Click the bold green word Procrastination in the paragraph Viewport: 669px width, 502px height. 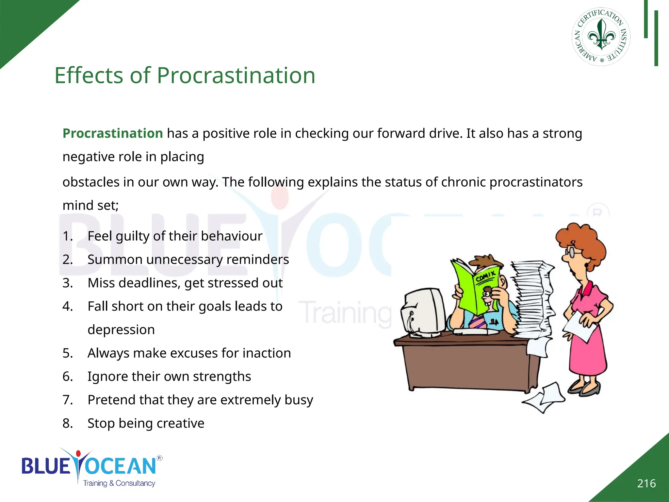coord(113,133)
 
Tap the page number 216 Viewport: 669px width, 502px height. coord(646,483)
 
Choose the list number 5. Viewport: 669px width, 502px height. coord(67,353)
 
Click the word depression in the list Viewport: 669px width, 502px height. coord(121,330)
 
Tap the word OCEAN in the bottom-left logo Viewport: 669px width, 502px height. coord(121,466)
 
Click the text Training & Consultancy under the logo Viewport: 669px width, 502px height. coord(119,483)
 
